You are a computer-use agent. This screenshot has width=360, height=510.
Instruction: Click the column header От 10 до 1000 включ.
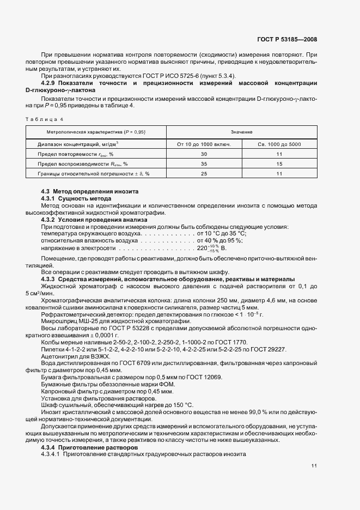(x=204, y=144)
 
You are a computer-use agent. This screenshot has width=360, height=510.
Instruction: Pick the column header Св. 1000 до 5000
(x=279, y=144)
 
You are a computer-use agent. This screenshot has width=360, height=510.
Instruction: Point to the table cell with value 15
(x=279, y=163)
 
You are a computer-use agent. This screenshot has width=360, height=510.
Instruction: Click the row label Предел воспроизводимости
(x=75, y=163)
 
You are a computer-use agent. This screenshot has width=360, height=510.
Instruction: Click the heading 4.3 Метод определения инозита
(x=90, y=192)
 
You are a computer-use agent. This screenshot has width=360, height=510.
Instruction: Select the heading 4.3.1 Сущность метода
(x=76, y=199)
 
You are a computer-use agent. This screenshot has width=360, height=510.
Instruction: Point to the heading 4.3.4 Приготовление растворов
(x=90, y=447)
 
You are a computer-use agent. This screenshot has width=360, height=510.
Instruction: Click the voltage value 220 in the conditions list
(x=203, y=248)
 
